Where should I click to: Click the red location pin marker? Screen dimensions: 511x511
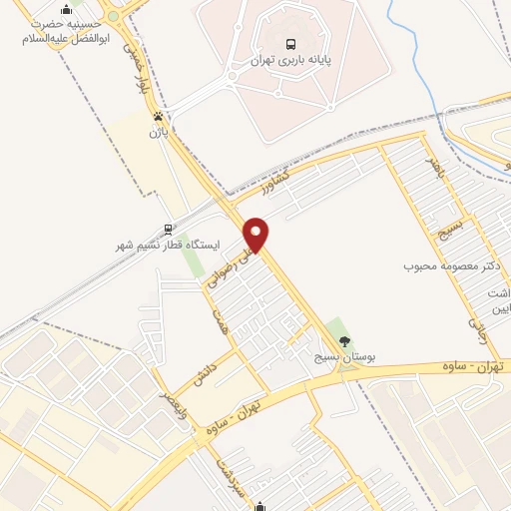point(256,235)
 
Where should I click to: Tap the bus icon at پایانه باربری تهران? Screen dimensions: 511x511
point(290,44)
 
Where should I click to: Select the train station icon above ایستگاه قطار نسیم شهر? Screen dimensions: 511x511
point(169,228)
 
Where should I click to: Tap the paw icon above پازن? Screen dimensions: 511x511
point(157,116)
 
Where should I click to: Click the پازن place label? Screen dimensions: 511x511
point(156,132)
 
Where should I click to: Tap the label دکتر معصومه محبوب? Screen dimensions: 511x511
point(450,266)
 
